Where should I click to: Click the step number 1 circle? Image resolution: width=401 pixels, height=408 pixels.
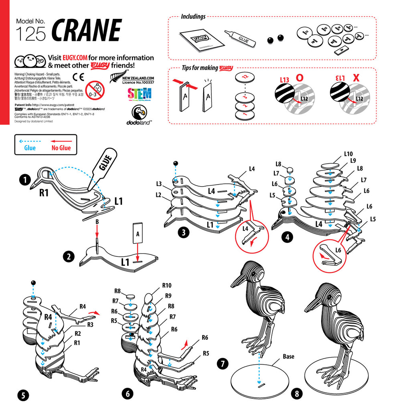click(x=25, y=180)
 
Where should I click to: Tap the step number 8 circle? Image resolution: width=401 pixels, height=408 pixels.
click(x=297, y=394)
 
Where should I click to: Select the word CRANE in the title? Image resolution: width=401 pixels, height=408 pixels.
click(x=86, y=30)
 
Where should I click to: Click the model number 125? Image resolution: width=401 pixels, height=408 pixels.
click(x=30, y=35)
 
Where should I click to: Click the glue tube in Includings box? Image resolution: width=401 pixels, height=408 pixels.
click(x=238, y=37)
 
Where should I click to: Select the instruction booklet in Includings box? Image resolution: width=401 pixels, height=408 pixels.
click(x=197, y=40)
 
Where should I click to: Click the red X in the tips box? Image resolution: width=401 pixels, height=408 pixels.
click(x=356, y=78)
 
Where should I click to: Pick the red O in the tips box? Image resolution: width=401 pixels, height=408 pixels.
click(x=299, y=78)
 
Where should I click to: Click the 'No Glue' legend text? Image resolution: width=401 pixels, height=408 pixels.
click(x=61, y=148)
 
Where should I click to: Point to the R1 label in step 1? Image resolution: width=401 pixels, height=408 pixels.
click(x=44, y=193)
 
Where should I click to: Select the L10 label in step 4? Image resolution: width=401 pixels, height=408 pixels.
click(x=348, y=154)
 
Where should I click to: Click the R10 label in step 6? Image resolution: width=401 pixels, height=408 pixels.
click(x=167, y=286)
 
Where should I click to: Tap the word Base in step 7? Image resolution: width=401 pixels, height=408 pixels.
click(x=288, y=356)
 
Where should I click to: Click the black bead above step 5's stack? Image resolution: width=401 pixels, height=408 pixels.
click(x=33, y=283)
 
